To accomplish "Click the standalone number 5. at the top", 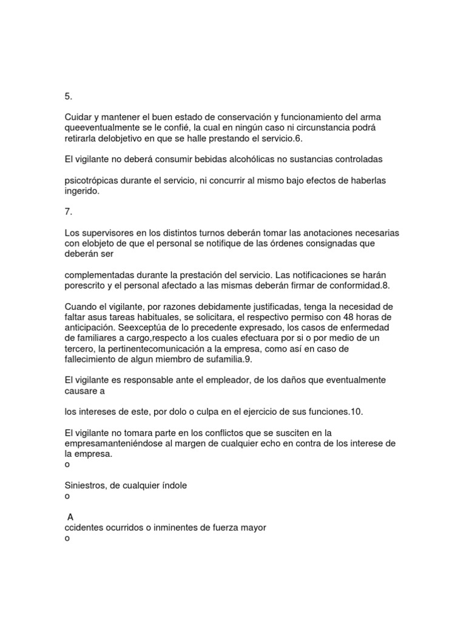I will [x=69, y=97].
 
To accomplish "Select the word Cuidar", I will [x=78, y=117].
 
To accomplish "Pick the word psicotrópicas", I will [x=92, y=180].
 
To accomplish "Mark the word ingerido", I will [x=81, y=191].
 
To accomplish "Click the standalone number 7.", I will [x=69, y=212].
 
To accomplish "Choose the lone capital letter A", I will [x=71, y=517].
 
